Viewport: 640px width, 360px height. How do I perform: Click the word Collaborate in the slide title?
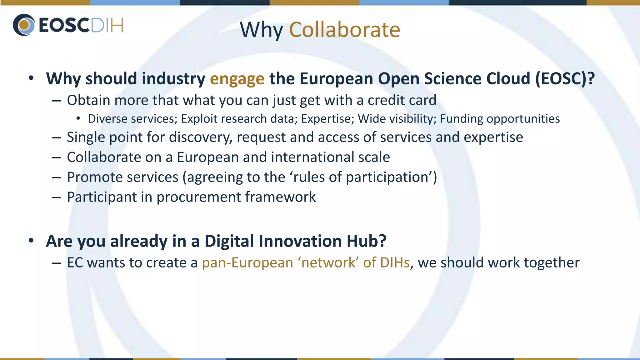pyautogui.click(x=344, y=30)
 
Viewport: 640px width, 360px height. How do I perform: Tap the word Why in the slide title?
pyautogui.click(x=261, y=30)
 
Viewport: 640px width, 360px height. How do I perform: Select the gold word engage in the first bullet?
pyautogui.click(x=237, y=79)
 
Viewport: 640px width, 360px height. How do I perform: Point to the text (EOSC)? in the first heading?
pyautogui.click(x=565, y=79)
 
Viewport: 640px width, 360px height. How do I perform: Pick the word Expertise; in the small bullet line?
pyautogui.click(x=327, y=119)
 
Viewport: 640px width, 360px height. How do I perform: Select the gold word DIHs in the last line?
pyautogui.click(x=395, y=263)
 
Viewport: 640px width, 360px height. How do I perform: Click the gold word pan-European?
pyautogui.click(x=247, y=263)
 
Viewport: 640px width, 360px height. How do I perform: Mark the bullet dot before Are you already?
pyautogui.click(x=31, y=241)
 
